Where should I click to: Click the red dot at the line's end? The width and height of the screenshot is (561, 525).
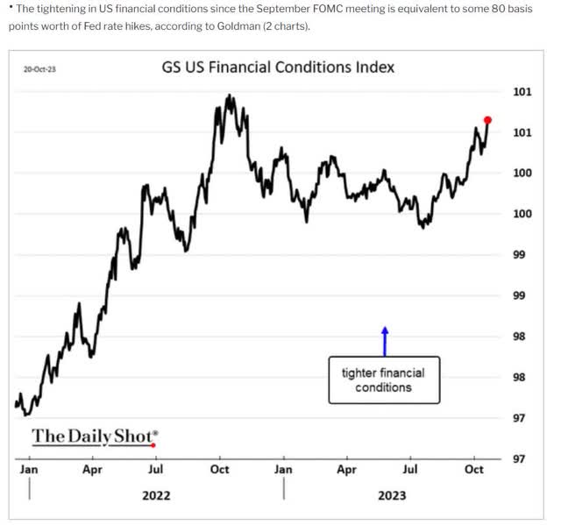tap(488, 120)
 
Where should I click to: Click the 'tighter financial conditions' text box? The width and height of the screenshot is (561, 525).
tap(384, 380)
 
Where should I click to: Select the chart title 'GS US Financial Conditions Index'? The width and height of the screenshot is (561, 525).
tap(278, 67)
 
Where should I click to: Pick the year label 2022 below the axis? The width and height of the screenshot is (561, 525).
tap(156, 495)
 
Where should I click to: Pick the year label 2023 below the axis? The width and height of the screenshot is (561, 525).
tap(392, 495)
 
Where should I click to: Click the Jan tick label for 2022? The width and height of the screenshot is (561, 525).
tap(29, 470)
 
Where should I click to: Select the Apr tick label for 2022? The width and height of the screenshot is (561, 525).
tap(92, 470)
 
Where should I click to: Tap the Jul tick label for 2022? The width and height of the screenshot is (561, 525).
tap(155, 470)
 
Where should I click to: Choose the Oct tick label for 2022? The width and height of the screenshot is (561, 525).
tap(219, 470)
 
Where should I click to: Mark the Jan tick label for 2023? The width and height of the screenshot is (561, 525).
tap(283, 470)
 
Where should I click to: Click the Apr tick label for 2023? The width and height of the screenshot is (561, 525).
tap(346, 470)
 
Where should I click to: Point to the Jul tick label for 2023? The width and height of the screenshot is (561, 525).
tap(409, 470)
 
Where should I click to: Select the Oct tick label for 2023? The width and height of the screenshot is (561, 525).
tap(473, 470)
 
